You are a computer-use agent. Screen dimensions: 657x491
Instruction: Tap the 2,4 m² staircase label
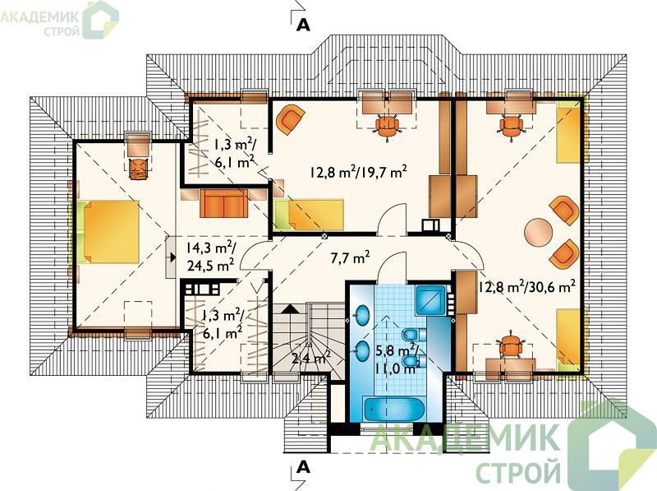click(311, 358)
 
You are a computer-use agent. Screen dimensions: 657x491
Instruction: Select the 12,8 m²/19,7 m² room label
click(359, 172)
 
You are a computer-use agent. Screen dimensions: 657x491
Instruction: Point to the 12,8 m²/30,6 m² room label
click(526, 287)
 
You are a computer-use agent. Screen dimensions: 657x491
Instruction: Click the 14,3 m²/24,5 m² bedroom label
click(211, 257)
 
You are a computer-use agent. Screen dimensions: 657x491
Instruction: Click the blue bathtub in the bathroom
click(395, 410)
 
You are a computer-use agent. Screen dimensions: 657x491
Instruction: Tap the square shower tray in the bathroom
click(430, 300)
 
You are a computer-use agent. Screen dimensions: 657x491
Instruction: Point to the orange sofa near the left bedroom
click(223, 203)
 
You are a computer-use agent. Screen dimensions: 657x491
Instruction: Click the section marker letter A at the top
click(303, 25)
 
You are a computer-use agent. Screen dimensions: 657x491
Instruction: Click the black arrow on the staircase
click(290, 309)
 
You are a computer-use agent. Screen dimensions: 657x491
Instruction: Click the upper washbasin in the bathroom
click(362, 313)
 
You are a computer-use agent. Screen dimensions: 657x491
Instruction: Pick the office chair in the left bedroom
click(138, 169)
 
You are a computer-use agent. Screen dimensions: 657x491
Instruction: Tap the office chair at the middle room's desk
click(386, 126)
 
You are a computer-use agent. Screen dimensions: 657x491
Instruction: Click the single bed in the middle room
click(310, 215)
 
